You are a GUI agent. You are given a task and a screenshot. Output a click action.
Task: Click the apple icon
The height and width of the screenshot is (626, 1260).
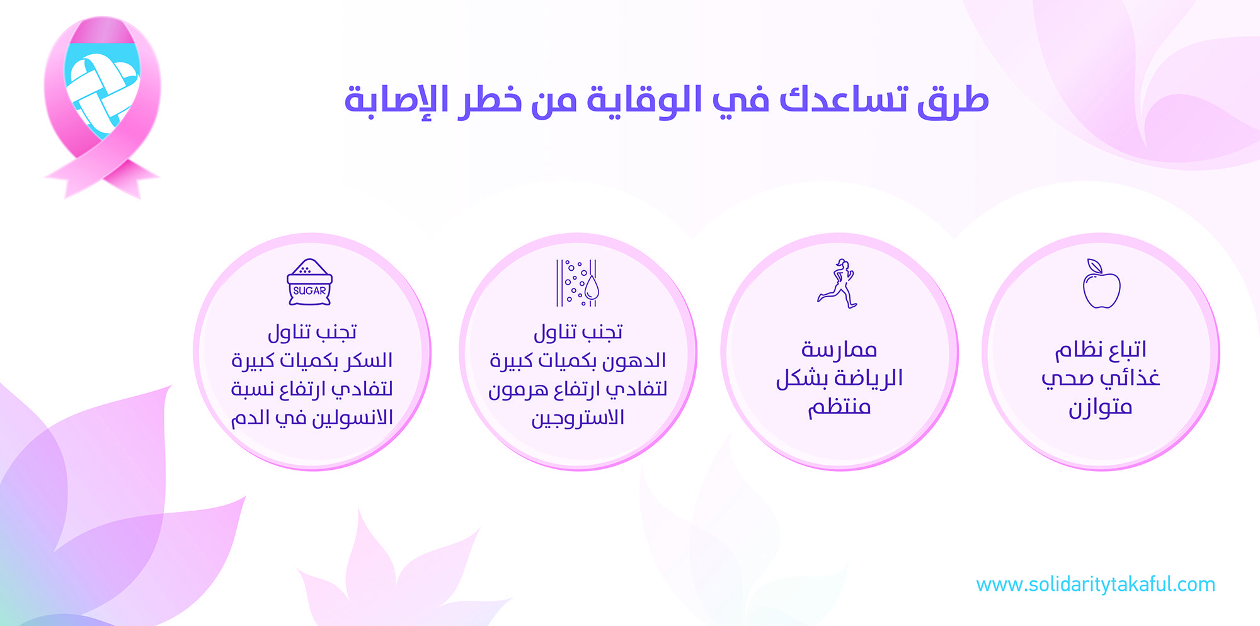1101,284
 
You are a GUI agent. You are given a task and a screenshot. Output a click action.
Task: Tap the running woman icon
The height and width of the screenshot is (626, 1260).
837,283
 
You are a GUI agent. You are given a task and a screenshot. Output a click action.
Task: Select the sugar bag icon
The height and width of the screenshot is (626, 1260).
309,282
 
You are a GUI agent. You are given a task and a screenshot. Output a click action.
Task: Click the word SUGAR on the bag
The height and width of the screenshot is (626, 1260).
309,291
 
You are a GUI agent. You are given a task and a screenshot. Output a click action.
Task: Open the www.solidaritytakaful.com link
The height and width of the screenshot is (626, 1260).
1096,584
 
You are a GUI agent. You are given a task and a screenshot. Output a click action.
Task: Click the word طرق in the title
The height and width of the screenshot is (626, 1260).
953,101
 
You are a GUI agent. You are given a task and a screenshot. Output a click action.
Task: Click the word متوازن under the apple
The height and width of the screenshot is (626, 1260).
1101,407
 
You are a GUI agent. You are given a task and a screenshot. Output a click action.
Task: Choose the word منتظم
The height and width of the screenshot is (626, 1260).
840,407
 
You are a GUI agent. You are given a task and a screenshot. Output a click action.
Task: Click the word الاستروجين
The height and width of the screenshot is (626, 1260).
578,418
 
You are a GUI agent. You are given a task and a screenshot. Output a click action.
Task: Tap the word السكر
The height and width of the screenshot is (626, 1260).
369,360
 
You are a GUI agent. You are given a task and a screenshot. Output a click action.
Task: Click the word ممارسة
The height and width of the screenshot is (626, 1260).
839,350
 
